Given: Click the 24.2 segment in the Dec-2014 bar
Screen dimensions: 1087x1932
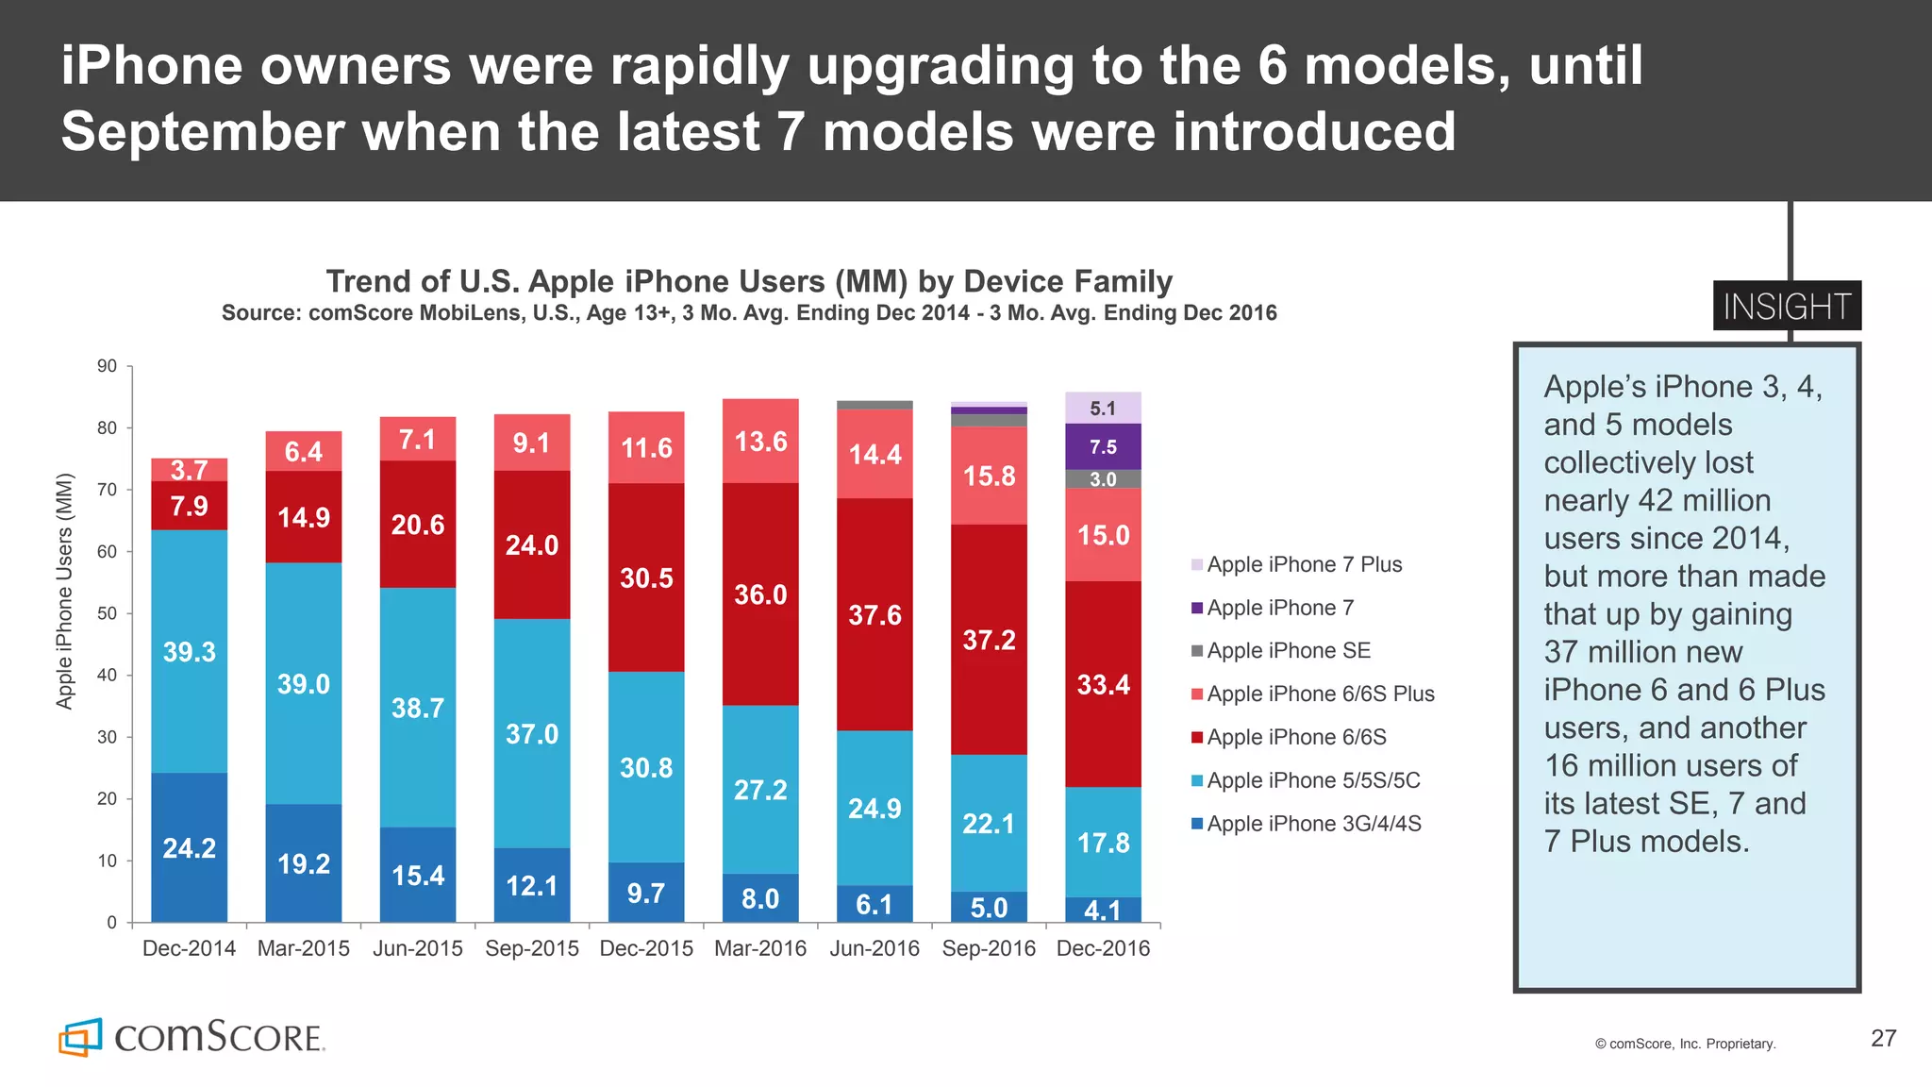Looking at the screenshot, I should (189, 847).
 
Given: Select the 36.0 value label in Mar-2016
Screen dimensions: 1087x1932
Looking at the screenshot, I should (760, 594).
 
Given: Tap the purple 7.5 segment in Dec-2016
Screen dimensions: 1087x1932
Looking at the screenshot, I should (1103, 446).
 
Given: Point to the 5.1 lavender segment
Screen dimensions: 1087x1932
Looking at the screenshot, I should (1103, 408).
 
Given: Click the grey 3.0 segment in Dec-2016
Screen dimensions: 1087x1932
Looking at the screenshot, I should (1103, 479).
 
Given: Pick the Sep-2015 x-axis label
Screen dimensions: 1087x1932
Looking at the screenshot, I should (532, 948).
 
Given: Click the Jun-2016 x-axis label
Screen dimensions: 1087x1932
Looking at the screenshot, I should (874, 948).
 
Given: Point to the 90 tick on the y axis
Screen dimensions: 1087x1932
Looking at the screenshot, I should (107, 366).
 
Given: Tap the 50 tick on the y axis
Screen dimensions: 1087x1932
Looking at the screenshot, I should (107, 613).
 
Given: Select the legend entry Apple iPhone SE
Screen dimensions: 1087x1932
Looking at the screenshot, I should (1288, 650).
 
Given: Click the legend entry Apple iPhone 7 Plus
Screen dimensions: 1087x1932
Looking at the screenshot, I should (1304, 564).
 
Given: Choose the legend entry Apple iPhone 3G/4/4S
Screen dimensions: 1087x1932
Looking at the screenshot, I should (1313, 824).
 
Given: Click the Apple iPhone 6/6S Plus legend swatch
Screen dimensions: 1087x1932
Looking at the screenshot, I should (1197, 694).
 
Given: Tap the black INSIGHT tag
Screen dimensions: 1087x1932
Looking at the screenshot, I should (1787, 307).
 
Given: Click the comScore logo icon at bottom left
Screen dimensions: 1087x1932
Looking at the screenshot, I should (80, 1037).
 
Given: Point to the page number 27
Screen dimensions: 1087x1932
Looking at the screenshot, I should (1883, 1038).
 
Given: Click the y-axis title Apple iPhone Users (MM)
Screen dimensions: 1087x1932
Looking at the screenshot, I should (64, 591).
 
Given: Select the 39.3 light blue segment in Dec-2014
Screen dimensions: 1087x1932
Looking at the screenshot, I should (189, 651).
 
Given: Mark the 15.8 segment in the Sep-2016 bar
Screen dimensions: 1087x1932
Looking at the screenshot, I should (989, 476).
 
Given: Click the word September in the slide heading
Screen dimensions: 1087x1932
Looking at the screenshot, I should (202, 131).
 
